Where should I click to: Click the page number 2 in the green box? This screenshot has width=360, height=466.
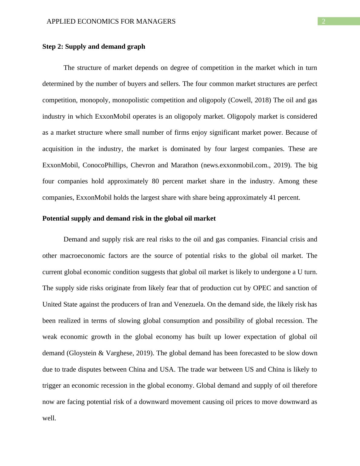[x=323, y=21]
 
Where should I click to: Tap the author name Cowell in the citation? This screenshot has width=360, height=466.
[x=241, y=100]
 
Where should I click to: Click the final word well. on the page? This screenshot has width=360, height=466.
[x=49, y=418]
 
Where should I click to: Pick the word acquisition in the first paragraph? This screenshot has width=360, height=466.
[x=57, y=149]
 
